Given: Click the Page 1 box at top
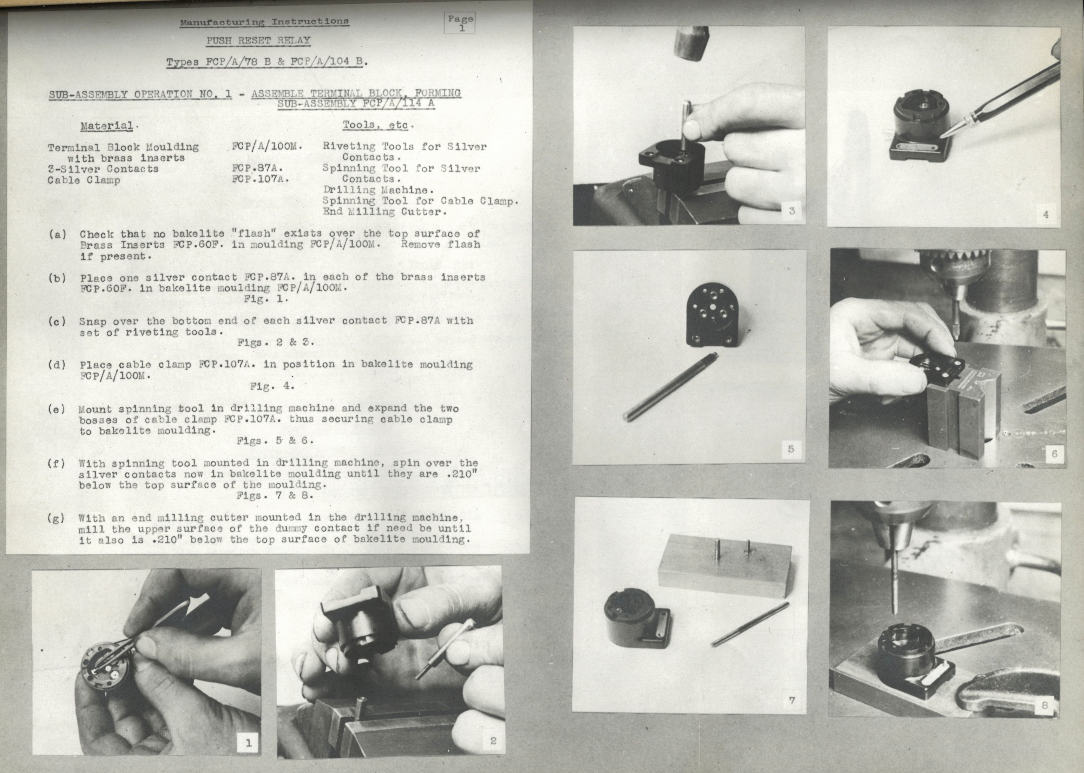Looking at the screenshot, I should coord(460,23).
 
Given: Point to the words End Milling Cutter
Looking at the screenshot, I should coord(385,212).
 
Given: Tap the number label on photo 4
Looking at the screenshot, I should coord(1045,214).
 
